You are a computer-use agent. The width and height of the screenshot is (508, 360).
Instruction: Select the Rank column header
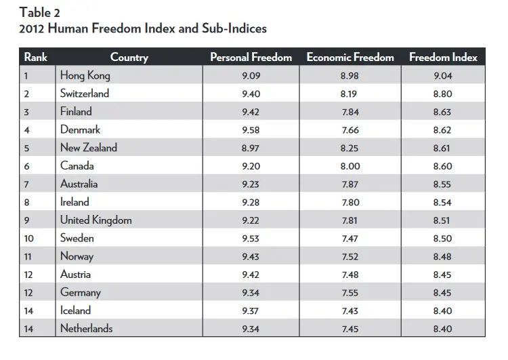click(35, 57)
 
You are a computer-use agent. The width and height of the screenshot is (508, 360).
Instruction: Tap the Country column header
click(129, 57)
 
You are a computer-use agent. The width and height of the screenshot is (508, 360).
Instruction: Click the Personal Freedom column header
click(251, 57)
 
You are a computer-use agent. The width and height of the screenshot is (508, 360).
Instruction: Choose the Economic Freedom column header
click(350, 57)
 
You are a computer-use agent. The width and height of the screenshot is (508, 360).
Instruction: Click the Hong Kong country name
click(85, 75)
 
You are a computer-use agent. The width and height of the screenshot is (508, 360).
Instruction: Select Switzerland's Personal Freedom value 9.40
click(251, 94)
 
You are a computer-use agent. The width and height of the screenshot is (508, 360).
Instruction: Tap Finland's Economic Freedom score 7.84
click(350, 112)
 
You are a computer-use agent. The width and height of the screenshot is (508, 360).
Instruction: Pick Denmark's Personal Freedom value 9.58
click(251, 129)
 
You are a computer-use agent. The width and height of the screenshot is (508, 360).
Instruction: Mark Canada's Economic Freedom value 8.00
click(350, 166)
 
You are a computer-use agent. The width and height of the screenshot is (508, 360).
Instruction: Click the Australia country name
click(79, 184)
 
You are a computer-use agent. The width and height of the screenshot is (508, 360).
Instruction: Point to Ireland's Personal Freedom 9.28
click(251, 202)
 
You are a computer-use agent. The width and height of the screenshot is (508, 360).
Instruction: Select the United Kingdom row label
click(96, 220)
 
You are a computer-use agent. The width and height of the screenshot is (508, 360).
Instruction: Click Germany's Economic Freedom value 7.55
click(350, 292)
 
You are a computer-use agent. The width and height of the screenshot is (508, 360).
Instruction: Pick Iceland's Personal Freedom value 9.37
click(251, 311)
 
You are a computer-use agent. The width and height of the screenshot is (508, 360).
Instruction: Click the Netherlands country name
click(86, 329)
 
